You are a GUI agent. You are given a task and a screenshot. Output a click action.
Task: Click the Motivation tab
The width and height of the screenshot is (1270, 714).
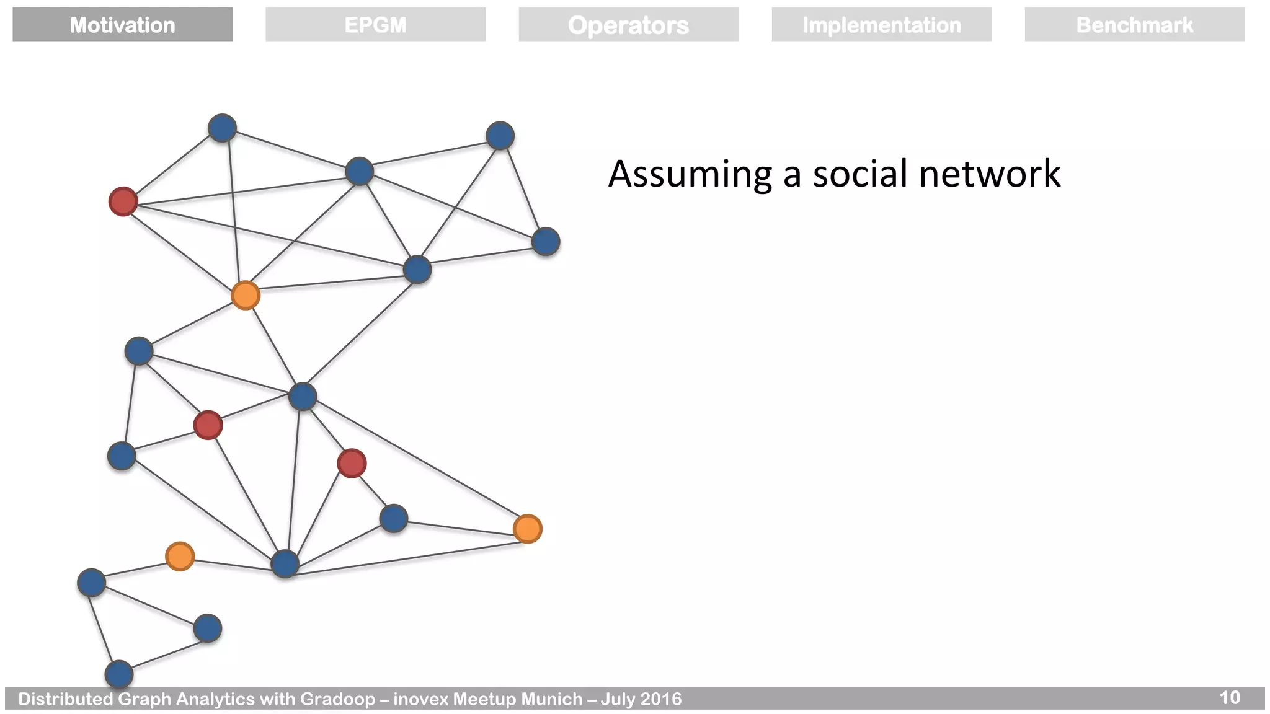[x=122, y=25]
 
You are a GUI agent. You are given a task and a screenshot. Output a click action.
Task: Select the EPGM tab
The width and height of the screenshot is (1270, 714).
[x=375, y=25]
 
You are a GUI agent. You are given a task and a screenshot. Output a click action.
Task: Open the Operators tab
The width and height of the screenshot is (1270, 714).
[x=628, y=25]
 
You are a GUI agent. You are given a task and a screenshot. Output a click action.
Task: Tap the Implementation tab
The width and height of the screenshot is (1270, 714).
[x=881, y=25]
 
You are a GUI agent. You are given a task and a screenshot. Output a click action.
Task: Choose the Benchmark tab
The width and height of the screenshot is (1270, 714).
[x=1134, y=25]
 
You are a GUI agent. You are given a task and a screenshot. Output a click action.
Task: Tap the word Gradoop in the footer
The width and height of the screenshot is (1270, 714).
[x=338, y=699]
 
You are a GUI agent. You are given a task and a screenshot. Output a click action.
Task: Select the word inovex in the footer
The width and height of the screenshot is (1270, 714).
[x=420, y=699]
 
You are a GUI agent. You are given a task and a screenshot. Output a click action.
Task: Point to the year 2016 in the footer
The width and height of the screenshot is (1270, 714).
[x=661, y=699]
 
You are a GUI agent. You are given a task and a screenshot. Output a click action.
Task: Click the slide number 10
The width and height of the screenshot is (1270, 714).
[x=1230, y=698]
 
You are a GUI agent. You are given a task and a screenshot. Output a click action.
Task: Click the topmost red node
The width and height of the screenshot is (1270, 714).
[x=123, y=201]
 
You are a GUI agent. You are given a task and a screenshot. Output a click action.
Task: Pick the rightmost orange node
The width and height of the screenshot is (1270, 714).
[x=528, y=529]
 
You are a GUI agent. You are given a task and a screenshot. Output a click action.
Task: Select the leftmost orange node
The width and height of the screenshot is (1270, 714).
[x=180, y=556]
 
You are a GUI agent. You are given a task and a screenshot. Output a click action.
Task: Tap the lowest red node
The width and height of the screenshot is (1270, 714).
[x=352, y=464]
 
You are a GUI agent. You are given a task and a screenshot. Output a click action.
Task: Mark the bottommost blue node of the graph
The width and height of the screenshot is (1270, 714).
[x=119, y=674]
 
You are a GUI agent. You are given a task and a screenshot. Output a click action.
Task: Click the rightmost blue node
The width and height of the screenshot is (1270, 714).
[x=546, y=242]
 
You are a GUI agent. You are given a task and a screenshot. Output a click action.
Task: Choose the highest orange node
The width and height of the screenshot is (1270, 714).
[x=245, y=295]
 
